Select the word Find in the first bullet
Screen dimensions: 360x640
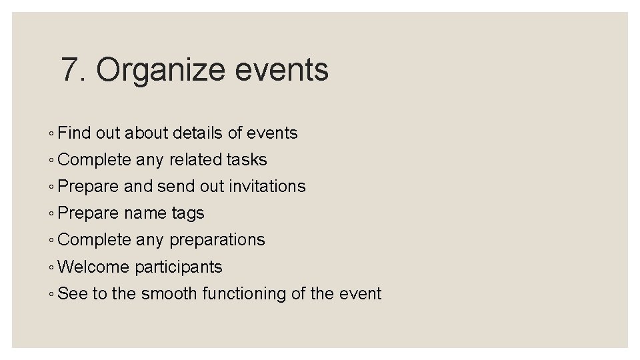click(74, 133)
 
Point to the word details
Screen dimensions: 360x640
click(197, 133)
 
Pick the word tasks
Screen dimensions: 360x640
click(247, 160)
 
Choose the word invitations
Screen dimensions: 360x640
click(267, 187)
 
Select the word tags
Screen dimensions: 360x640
click(188, 214)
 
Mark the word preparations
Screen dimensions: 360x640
click(217, 240)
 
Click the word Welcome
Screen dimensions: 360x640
click(94, 267)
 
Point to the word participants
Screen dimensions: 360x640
click(179, 267)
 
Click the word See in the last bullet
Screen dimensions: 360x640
click(73, 293)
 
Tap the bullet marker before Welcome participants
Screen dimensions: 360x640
click(52, 267)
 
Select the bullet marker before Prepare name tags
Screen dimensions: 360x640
click(52, 214)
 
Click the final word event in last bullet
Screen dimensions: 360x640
click(359, 293)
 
